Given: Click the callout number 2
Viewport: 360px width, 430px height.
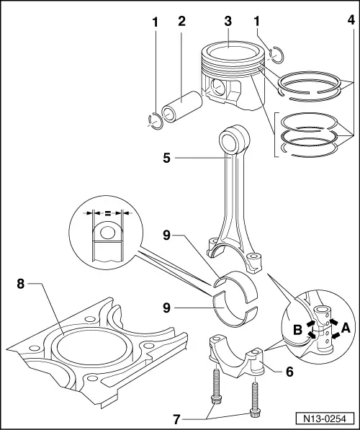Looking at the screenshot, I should click(x=181, y=21).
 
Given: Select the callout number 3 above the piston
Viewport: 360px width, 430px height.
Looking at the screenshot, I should click(x=228, y=21).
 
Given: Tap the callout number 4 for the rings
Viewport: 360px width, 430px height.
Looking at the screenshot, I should click(x=350, y=21).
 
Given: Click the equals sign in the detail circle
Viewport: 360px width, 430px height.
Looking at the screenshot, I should click(x=107, y=214).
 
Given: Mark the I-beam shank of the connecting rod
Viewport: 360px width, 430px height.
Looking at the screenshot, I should click(x=235, y=194).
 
